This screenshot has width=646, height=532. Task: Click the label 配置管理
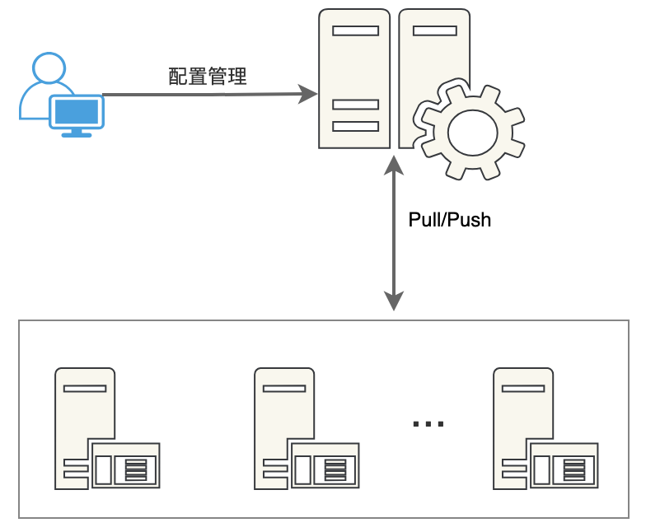coord(208,77)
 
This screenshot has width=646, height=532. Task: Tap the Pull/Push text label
coord(449,220)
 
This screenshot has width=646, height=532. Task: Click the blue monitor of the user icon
coord(77,111)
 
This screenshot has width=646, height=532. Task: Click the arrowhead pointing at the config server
coord(309,93)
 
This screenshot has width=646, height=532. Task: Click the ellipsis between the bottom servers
coord(428,423)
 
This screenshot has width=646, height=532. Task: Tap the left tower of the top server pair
coord(354,78)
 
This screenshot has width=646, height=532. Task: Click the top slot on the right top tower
coord(434,31)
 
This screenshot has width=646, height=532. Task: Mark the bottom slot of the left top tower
coord(355,126)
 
